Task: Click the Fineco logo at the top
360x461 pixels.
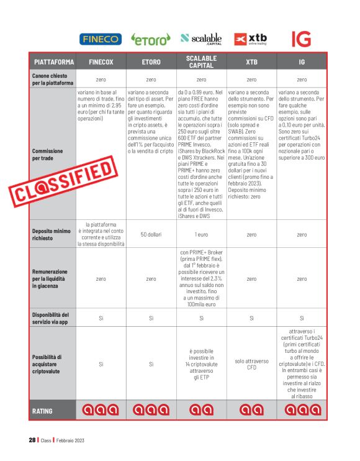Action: (x=101, y=39)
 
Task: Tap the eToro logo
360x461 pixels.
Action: (x=151, y=39)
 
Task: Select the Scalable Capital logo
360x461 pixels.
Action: (x=202, y=39)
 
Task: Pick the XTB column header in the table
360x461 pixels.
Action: (x=251, y=63)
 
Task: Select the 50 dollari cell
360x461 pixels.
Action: (x=151, y=235)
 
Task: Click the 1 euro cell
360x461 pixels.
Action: (x=201, y=235)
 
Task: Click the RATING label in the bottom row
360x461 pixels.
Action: (x=44, y=411)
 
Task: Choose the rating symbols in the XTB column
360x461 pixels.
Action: (x=251, y=410)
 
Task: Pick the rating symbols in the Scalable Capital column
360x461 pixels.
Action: (x=201, y=410)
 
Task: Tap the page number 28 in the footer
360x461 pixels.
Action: (x=32, y=440)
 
